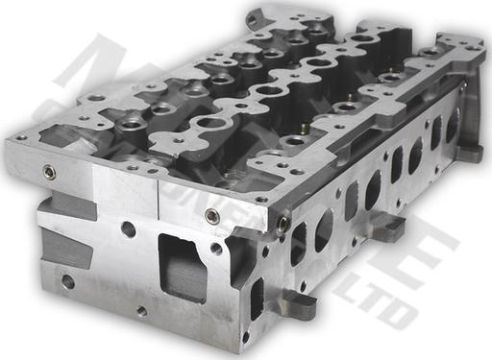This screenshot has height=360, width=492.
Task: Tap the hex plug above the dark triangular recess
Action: tap(49, 173)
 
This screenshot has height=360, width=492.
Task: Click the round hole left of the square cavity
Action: tap(129, 229)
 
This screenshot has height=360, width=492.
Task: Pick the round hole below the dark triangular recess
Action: tap(67, 281)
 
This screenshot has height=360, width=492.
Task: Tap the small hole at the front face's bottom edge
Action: tap(141, 310)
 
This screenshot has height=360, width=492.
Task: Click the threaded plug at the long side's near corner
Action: tap(283, 224)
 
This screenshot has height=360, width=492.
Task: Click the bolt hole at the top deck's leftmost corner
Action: tap(21, 137)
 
